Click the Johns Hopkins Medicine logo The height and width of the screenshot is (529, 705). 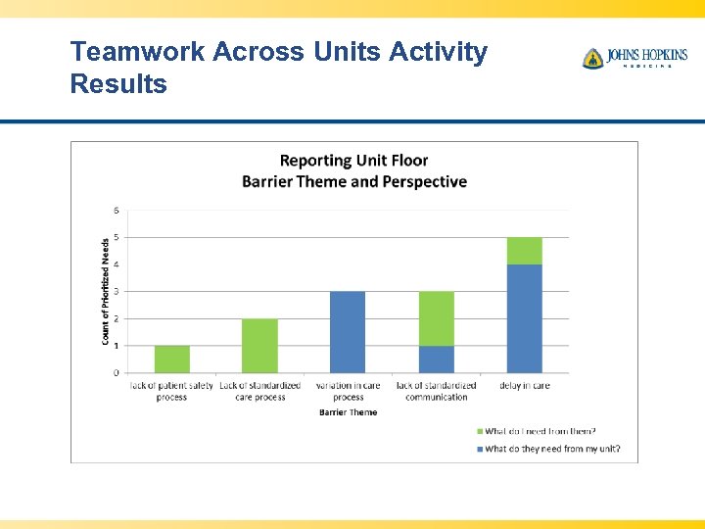pos(634,58)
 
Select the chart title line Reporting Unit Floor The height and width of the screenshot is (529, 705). pos(353,161)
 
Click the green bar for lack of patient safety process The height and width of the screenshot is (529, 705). pos(172,359)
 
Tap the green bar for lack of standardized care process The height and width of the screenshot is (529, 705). pos(259,345)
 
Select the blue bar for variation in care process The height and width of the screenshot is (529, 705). pos(348,331)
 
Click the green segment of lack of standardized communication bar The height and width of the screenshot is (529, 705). pos(436,317)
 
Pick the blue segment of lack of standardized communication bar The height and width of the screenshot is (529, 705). pos(436,359)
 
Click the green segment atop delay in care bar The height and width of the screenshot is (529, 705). pos(524,251)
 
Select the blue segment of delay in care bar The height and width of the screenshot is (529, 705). pos(524,317)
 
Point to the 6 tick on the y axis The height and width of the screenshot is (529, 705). pos(117,211)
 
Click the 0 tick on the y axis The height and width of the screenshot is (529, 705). pos(117,373)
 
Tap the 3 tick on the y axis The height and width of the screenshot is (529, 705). pos(117,292)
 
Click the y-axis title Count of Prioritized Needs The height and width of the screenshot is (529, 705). pos(105,291)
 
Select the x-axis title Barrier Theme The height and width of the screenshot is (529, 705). pos(348,412)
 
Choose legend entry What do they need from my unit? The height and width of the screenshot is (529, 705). pos(552,449)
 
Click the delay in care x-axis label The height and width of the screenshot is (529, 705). pos(524,386)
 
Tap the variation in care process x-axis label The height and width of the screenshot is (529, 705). pos(348,391)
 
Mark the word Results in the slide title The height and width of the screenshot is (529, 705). pos(118,84)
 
